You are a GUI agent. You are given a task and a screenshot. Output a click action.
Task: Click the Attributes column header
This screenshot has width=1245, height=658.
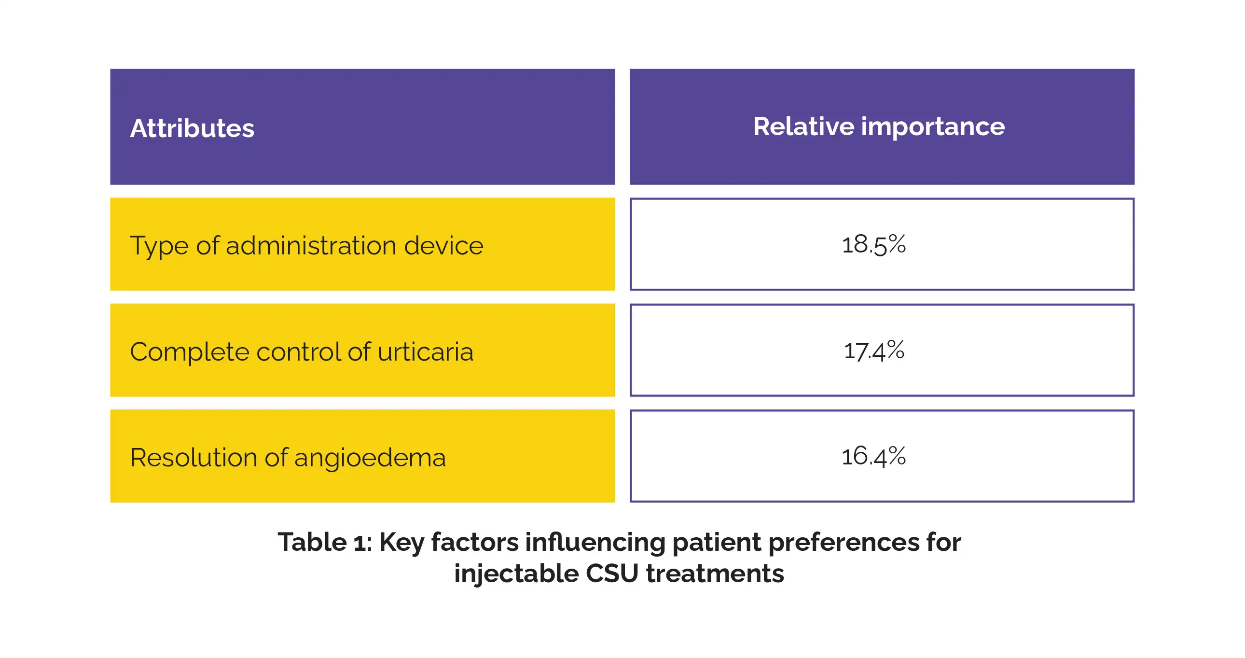point(192,128)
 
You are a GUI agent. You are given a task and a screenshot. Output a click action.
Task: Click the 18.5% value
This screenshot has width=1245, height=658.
point(873,244)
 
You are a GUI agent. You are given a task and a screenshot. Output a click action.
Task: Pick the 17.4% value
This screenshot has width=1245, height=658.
point(873,350)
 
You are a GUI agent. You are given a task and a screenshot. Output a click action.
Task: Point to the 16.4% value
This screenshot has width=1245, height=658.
point(873,456)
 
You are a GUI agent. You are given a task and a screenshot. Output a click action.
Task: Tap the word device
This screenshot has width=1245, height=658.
point(443,246)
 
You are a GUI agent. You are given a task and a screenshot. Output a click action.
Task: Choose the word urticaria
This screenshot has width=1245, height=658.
point(425,351)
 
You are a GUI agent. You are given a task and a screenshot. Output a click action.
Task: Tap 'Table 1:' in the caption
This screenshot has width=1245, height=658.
point(324,542)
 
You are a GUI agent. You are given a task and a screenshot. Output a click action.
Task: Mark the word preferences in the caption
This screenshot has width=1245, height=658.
point(844,542)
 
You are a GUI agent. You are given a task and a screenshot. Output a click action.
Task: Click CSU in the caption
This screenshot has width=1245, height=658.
point(612,574)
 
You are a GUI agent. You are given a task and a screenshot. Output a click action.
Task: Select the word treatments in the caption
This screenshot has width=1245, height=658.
point(715,574)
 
